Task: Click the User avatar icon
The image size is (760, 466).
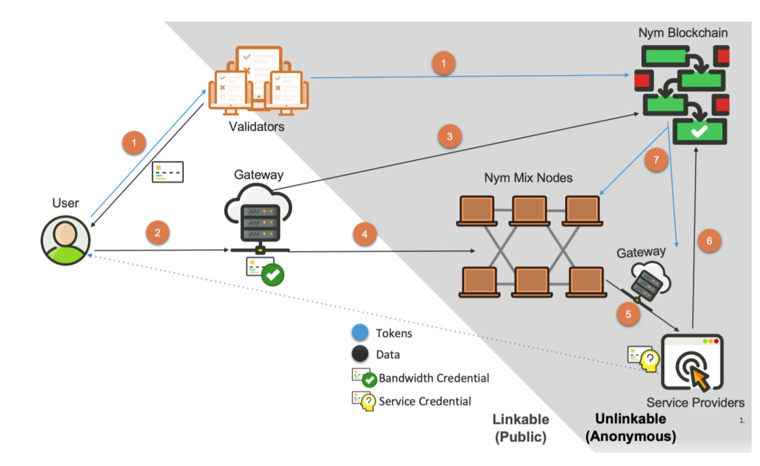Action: [65, 239]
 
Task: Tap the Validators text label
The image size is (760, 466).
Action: [256, 126]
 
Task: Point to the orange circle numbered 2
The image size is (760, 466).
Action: [158, 231]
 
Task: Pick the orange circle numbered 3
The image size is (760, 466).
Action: [449, 136]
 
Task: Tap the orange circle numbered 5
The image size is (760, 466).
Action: [628, 313]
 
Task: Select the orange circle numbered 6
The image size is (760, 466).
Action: [709, 240]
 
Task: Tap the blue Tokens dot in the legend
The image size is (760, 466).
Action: [360, 333]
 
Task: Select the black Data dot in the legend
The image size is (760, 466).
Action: [360, 355]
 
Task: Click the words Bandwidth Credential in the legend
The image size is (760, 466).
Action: [433, 378]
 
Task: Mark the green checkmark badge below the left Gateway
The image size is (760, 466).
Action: [272, 276]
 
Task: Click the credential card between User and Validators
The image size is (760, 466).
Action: [168, 172]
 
